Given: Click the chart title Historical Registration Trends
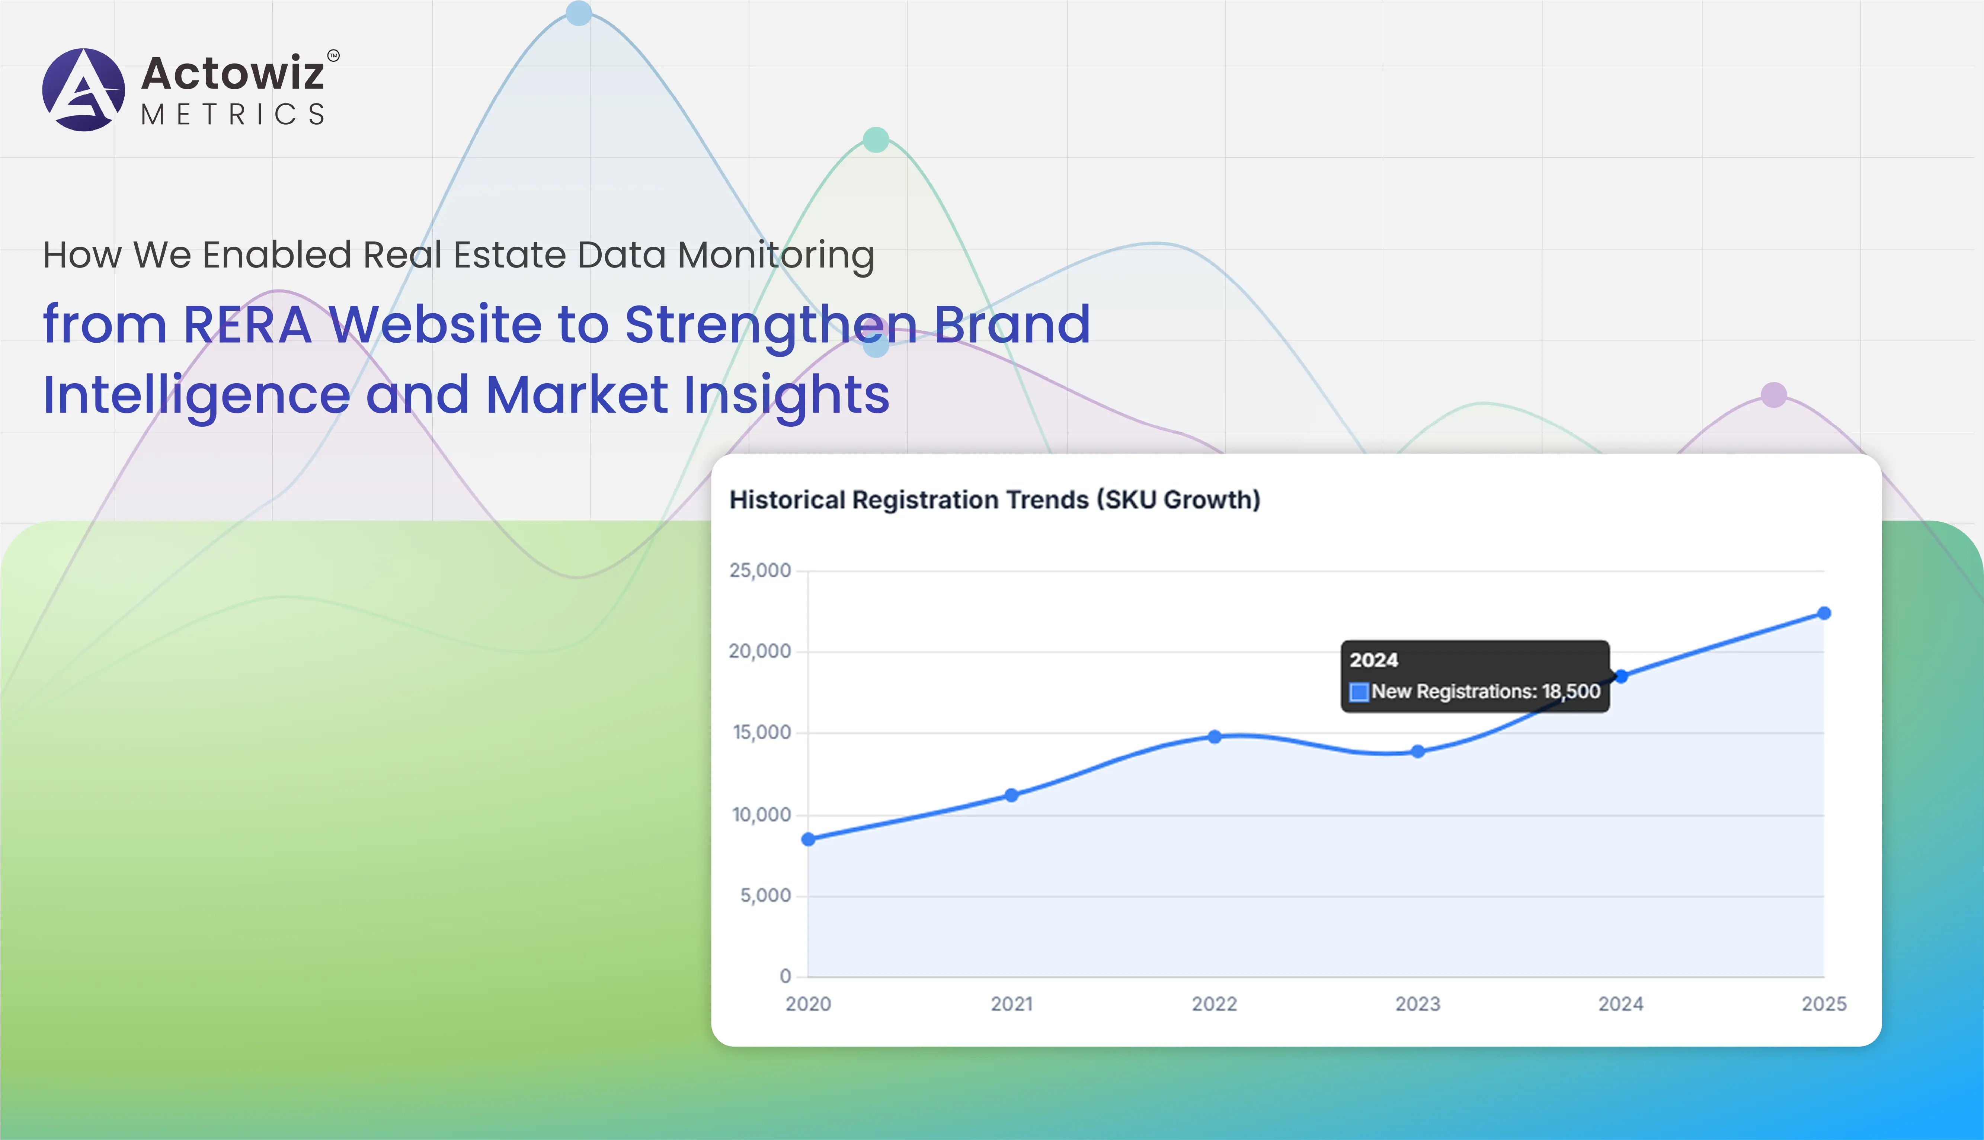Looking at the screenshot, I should coord(994,500).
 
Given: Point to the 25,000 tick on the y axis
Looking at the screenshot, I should coord(759,570).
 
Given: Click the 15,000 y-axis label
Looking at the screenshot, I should coord(761,732).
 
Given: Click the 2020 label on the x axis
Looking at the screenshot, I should coord(808,1004).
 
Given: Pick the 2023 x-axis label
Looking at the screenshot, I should coord(1417,1004).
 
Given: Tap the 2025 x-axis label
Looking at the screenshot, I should coord(1824,1004).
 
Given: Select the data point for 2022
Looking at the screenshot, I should coord(1215,737).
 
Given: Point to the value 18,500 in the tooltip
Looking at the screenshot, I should coord(1571,691).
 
